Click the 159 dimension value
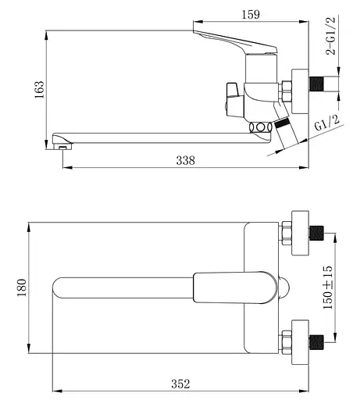pyautogui.click(x=251, y=15)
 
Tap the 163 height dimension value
pyautogui.click(x=39, y=90)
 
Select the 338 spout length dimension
pyautogui.click(x=185, y=160)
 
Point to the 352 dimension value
pyautogui.click(x=180, y=384)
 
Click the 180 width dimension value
pyautogui.click(x=22, y=287)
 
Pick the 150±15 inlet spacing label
pyautogui.click(x=328, y=287)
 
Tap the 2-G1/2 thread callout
pyautogui.click(x=330, y=36)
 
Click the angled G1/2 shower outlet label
pyautogui.click(x=327, y=123)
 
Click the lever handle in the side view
pyautogui.click(x=235, y=42)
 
